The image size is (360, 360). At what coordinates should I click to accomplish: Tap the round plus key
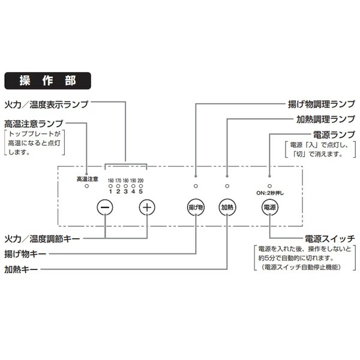(x=147, y=207)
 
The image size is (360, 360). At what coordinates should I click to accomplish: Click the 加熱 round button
(x=227, y=207)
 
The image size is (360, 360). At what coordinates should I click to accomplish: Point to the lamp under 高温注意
(x=88, y=187)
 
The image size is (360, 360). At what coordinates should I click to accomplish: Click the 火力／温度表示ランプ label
(x=46, y=104)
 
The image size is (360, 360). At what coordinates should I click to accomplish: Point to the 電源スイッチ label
(x=330, y=238)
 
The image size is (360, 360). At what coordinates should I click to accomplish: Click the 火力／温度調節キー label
(x=42, y=238)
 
